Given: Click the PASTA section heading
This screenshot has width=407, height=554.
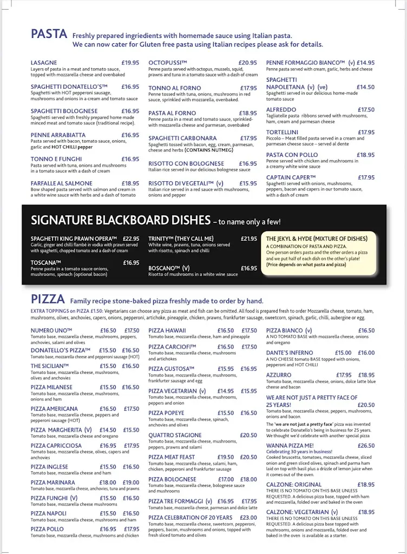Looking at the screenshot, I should [x=49, y=34].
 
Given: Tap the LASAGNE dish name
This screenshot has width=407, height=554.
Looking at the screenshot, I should [x=44, y=63].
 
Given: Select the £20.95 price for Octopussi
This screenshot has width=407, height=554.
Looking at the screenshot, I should [x=247, y=63].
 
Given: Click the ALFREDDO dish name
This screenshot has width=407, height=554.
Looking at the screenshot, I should [x=281, y=109].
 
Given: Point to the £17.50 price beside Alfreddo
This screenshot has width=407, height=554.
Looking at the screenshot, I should [x=366, y=109].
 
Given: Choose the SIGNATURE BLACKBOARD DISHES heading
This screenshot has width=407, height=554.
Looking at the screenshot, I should [x=120, y=220].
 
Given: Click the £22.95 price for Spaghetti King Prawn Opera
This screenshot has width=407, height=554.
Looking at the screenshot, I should [x=130, y=239].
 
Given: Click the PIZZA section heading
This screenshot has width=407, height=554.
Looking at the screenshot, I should [x=48, y=299].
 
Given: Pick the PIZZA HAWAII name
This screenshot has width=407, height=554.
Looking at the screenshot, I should [x=167, y=331].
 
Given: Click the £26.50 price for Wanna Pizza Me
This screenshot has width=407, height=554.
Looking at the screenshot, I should [x=366, y=445].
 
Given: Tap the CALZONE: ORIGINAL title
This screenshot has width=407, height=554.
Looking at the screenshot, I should [x=294, y=484].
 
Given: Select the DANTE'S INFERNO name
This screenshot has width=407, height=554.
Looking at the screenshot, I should [x=290, y=353].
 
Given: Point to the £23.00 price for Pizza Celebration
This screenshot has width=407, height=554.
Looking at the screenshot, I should [x=248, y=517].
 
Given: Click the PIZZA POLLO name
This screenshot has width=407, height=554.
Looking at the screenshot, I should [x=47, y=529].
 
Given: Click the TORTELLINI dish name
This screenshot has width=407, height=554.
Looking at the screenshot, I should [x=282, y=132].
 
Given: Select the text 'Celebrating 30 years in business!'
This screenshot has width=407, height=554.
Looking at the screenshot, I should [x=299, y=452].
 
